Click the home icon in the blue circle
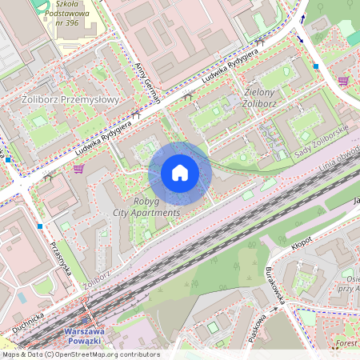180,173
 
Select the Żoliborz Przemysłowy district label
66,100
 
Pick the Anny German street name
149,83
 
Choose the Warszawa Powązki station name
88,337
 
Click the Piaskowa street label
258,326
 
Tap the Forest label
346,343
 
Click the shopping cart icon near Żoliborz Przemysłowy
78,169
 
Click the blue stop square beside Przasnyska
39,226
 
